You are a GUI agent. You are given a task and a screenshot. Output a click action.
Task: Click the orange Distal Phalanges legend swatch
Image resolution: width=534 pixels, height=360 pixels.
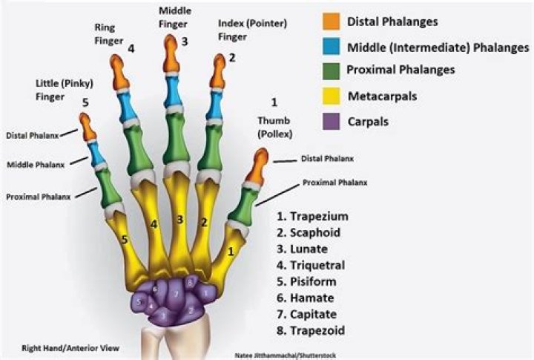point(331,22)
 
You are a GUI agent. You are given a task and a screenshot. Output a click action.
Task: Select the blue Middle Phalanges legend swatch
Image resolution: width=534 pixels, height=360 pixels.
point(331,46)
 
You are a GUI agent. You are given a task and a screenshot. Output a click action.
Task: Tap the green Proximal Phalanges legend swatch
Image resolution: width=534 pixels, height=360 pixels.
point(331,71)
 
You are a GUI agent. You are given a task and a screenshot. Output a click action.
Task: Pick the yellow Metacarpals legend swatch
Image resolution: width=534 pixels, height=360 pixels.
point(331,96)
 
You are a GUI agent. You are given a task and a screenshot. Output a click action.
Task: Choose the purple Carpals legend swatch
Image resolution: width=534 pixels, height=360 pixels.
point(331,121)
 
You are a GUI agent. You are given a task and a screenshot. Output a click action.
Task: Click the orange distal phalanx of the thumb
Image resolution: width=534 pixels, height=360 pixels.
point(257,166)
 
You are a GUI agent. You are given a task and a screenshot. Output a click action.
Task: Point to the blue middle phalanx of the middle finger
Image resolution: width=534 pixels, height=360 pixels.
point(174,91)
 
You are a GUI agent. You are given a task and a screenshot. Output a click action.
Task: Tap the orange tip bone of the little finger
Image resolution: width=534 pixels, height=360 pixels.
point(88,126)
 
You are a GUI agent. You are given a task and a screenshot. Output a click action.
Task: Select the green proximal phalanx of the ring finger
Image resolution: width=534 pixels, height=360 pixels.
point(138,150)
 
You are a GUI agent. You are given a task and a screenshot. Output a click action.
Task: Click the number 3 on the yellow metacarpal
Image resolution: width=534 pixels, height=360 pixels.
point(179,220)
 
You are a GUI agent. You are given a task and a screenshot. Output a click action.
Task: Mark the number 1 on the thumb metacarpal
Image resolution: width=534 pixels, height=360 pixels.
point(231,252)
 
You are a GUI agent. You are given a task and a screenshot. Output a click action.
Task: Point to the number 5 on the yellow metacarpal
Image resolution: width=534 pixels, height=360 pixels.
point(125,240)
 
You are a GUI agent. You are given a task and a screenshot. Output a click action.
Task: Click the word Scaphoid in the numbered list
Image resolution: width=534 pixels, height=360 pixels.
point(315,232)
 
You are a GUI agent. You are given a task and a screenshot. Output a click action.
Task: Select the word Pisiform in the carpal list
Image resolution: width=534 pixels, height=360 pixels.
point(313,281)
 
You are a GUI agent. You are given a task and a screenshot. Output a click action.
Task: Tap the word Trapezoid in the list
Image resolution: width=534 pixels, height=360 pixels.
point(317,331)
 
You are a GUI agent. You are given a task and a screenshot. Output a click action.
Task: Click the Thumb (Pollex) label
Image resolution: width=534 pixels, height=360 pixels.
point(274,127)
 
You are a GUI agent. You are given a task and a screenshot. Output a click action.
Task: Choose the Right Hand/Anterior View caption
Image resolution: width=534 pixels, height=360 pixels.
point(70,348)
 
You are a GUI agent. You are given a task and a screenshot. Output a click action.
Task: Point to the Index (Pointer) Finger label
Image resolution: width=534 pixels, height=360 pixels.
point(252,30)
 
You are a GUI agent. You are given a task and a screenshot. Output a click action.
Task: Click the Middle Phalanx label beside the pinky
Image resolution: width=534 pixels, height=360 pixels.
point(36,165)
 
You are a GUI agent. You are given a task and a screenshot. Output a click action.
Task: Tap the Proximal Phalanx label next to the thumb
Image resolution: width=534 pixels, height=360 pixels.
point(335,183)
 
